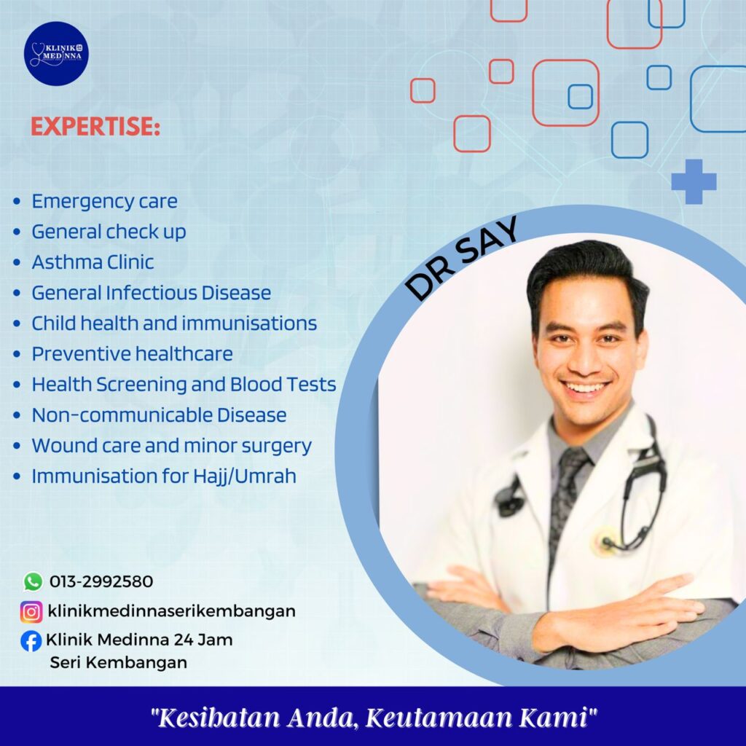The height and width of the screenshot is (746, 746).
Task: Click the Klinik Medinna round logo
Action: (56, 54)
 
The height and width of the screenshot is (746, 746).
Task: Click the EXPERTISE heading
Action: (95, 127)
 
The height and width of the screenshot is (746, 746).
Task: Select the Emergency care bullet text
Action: (105, 201)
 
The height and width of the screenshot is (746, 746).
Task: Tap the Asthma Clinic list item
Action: (93, 262)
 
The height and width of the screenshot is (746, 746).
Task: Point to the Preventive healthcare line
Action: (133, 354)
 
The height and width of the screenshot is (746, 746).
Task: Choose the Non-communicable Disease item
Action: (159, 415)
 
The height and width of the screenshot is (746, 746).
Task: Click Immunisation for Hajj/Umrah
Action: (164, 476)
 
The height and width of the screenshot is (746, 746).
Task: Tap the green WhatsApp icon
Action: (33, 581)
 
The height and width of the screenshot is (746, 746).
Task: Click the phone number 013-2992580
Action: (101, 581)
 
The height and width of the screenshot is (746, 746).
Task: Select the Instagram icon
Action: (31, 611)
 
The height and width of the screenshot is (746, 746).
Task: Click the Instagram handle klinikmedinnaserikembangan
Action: (172, 611)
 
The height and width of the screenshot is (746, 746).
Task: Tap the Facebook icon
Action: (31, 641)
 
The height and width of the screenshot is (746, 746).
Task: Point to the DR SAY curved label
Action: (460, 258)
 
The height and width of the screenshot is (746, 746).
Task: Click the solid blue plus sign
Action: (694, 181)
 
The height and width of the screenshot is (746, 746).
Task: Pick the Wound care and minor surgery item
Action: (172, 446)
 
